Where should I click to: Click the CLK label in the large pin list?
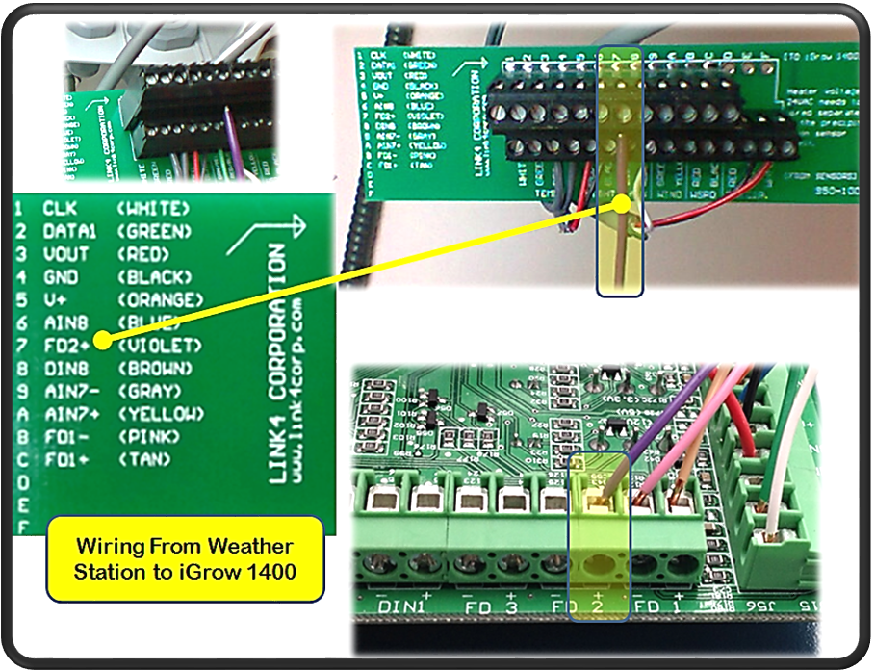(x=60, y=208)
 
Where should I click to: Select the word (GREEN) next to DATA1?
(x=154, y=231)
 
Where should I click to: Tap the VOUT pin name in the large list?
(x=65, y=254)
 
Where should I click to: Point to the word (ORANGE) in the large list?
(x=160, y=299)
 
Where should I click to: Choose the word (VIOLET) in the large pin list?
(x=160, y=345)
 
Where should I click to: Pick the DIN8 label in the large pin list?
(x=65, y=368)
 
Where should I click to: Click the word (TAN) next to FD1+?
(x=144, y=459)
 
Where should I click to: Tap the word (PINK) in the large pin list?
(x=149, y=436)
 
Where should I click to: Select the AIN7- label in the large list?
(x=70, y=391)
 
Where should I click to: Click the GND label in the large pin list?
(x=60, y=277)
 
